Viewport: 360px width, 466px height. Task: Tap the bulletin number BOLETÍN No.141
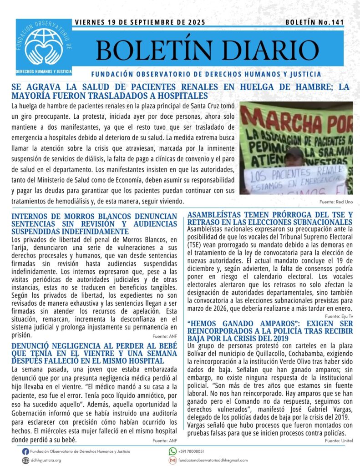pyautogui.click(x=314, y=22)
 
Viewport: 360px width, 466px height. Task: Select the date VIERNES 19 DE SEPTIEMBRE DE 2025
pyautogui.click(x=140, y=22)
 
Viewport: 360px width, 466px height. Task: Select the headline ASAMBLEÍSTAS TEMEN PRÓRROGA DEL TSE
pyautogui.click(x=270, y=218)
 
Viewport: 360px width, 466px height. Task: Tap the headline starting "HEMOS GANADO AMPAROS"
pyautogui.click(x=270, y=330)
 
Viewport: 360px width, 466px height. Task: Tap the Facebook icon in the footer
pyautogui.click(x=25, y=451)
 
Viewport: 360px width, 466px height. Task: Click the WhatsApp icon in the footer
pyautogui.click(x=172, y=451)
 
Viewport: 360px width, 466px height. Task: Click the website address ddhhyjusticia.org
pyautogui.click(x=46, y=460)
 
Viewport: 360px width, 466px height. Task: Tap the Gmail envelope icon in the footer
pyautogui.click(x=172, y=460)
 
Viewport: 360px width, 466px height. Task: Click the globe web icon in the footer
pyautogui.click(x=25, y=460)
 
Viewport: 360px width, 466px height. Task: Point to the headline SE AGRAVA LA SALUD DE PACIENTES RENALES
pyautogui.click(x=180, y=91)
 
